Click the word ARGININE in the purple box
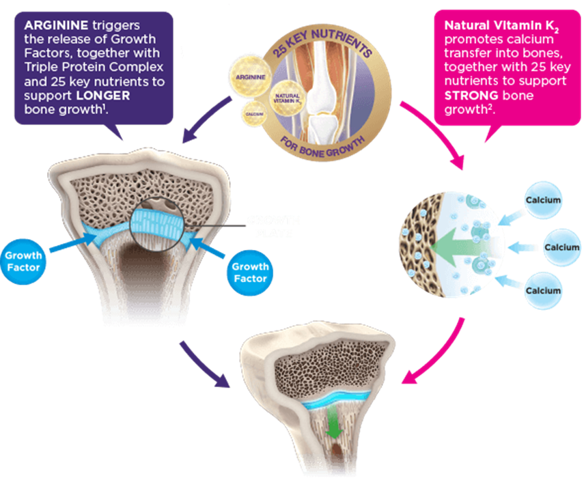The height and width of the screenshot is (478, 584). tap(52, 25)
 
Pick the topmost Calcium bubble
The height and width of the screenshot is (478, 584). tap(543, 200)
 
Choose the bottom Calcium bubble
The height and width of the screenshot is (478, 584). tap(543, 290)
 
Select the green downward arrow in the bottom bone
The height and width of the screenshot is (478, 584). tap(333, 425)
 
